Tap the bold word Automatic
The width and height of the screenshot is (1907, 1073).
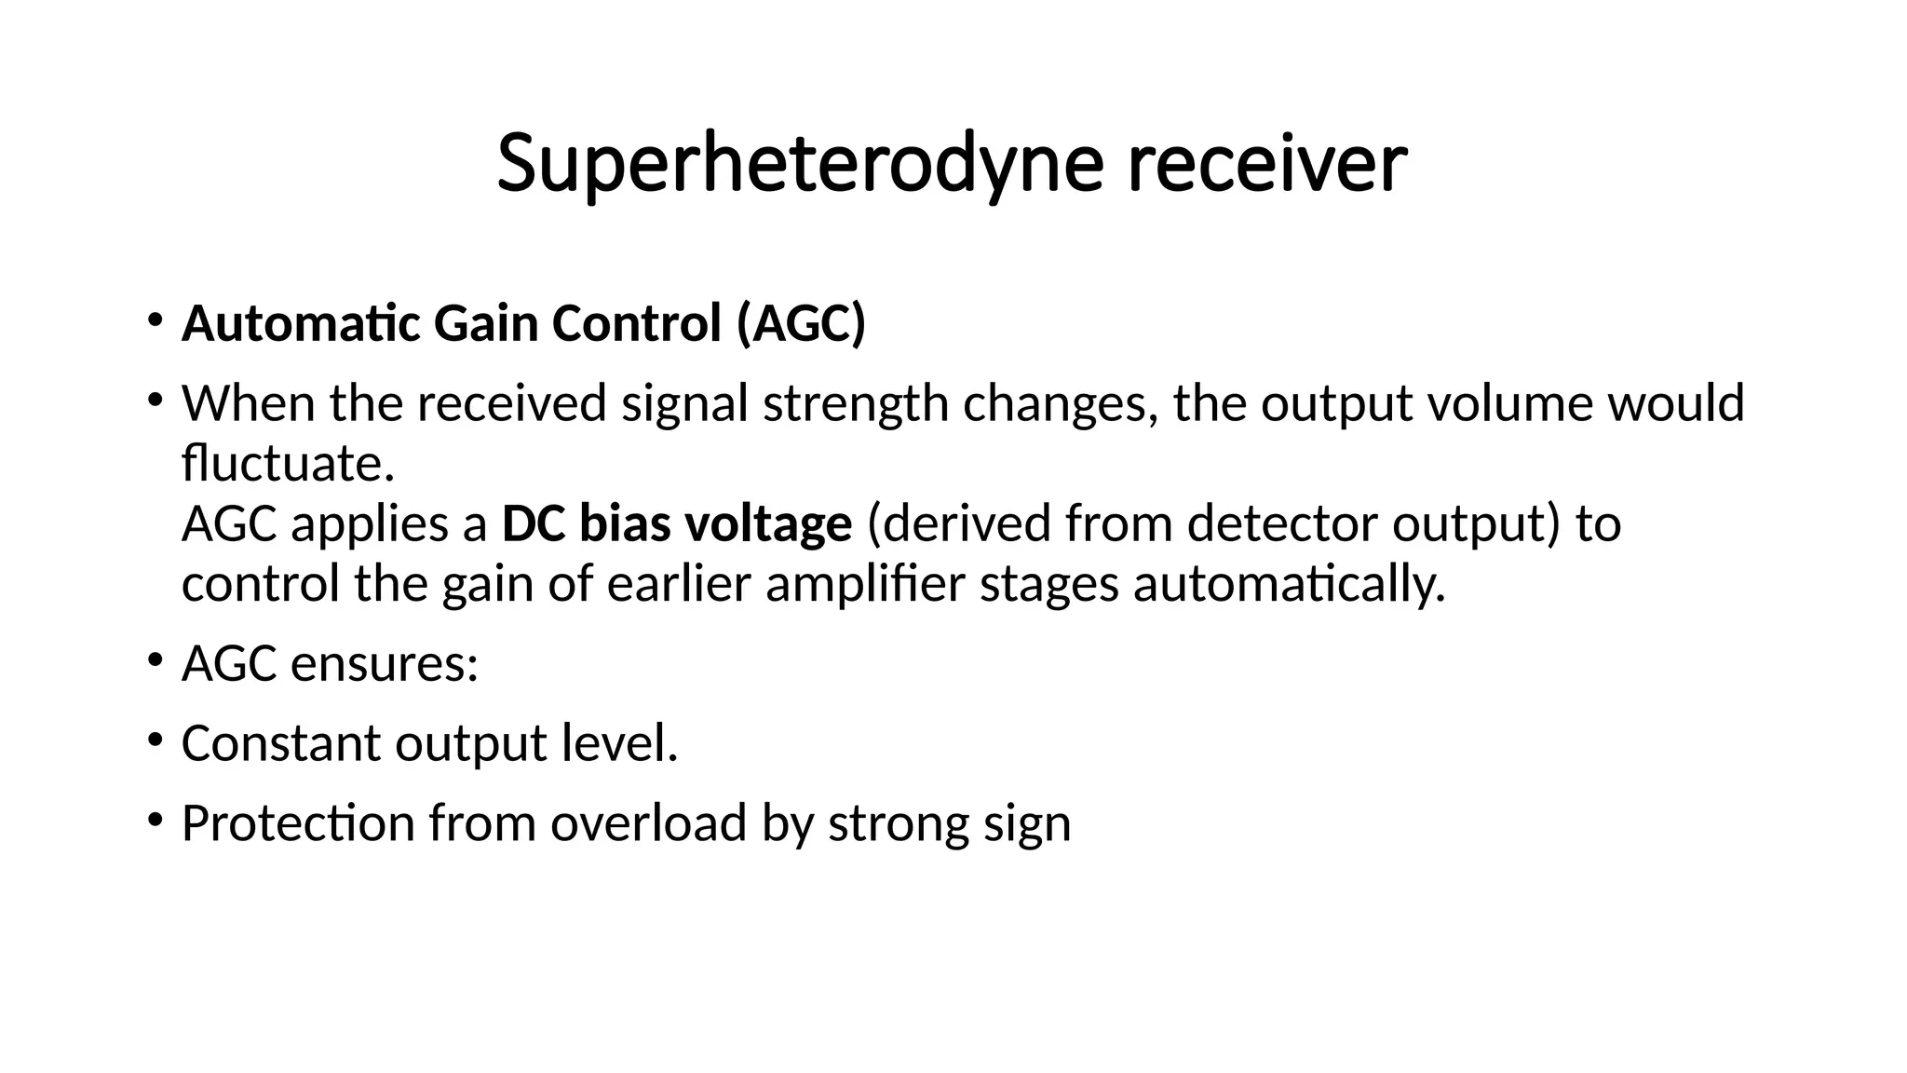tap(301, 324)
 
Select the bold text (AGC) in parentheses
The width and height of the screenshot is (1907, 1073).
tap(801, 324)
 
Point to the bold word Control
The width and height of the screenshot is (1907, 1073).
tap(637, 324)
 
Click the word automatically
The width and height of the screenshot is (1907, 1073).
tap(1289, 585)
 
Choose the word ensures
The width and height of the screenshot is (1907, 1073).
tap(384, 665)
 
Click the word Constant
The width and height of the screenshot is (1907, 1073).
tap(280, 744)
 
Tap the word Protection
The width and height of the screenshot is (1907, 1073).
tap(298, 823)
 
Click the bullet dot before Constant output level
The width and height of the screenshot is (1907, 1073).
tap(155, 741)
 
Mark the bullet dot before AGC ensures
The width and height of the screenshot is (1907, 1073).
tap(155, 662)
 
